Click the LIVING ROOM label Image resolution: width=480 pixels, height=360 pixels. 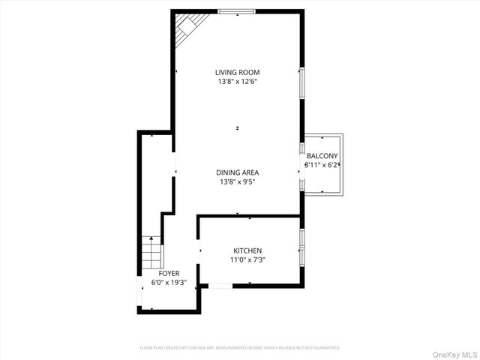237,72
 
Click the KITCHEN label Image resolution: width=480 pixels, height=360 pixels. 247,250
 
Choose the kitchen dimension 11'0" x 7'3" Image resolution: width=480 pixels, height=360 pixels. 247,259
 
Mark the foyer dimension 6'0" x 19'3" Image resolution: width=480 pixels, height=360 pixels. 169,283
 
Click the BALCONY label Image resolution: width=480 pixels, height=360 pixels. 322,156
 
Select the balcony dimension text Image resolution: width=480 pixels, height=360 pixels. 322,165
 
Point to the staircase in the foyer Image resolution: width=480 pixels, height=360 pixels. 151,253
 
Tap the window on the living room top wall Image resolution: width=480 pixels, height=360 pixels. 237,10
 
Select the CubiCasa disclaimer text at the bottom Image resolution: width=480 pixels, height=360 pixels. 240,348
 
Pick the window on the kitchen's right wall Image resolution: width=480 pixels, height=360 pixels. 301,247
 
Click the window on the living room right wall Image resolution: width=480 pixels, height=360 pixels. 301,82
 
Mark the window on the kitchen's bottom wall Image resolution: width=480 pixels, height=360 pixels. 220,285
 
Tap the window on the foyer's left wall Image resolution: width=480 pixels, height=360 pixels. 139,292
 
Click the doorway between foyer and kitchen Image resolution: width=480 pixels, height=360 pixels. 198,251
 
